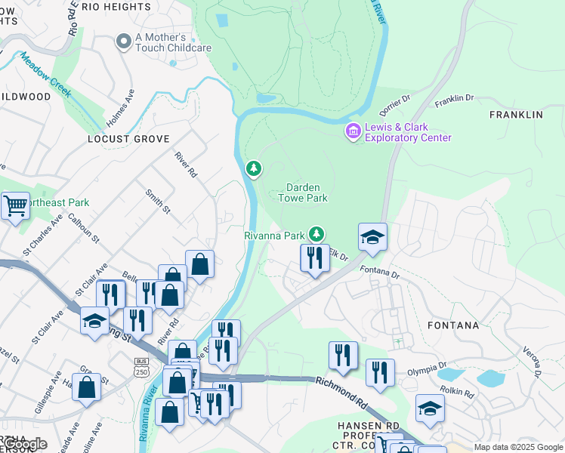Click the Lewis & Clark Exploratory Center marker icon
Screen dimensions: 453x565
tap(353, 132)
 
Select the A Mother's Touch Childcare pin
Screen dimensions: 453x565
tap(123, 43)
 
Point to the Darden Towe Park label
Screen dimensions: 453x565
tap(307, 193)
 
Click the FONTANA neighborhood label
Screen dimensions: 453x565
tap(453, 325)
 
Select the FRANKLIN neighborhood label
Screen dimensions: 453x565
tap(516, 115)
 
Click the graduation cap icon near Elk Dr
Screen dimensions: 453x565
tap(372, 237)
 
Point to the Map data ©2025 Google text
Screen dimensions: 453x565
tap(518, 447)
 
